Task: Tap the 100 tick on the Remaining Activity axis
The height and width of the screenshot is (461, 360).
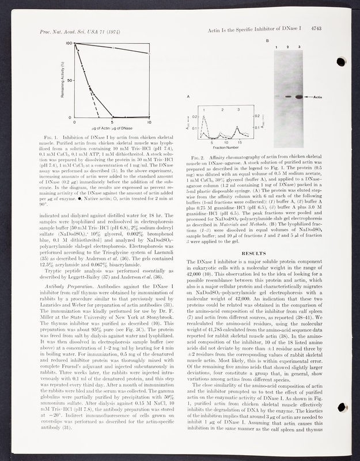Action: click(69, 44)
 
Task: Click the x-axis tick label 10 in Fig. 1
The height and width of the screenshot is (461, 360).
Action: click(149, 123)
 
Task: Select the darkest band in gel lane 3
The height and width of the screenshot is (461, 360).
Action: click(299, 97)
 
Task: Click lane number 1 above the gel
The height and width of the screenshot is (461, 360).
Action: click(276, 46)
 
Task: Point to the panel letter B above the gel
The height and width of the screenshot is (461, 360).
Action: click(267, 41)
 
